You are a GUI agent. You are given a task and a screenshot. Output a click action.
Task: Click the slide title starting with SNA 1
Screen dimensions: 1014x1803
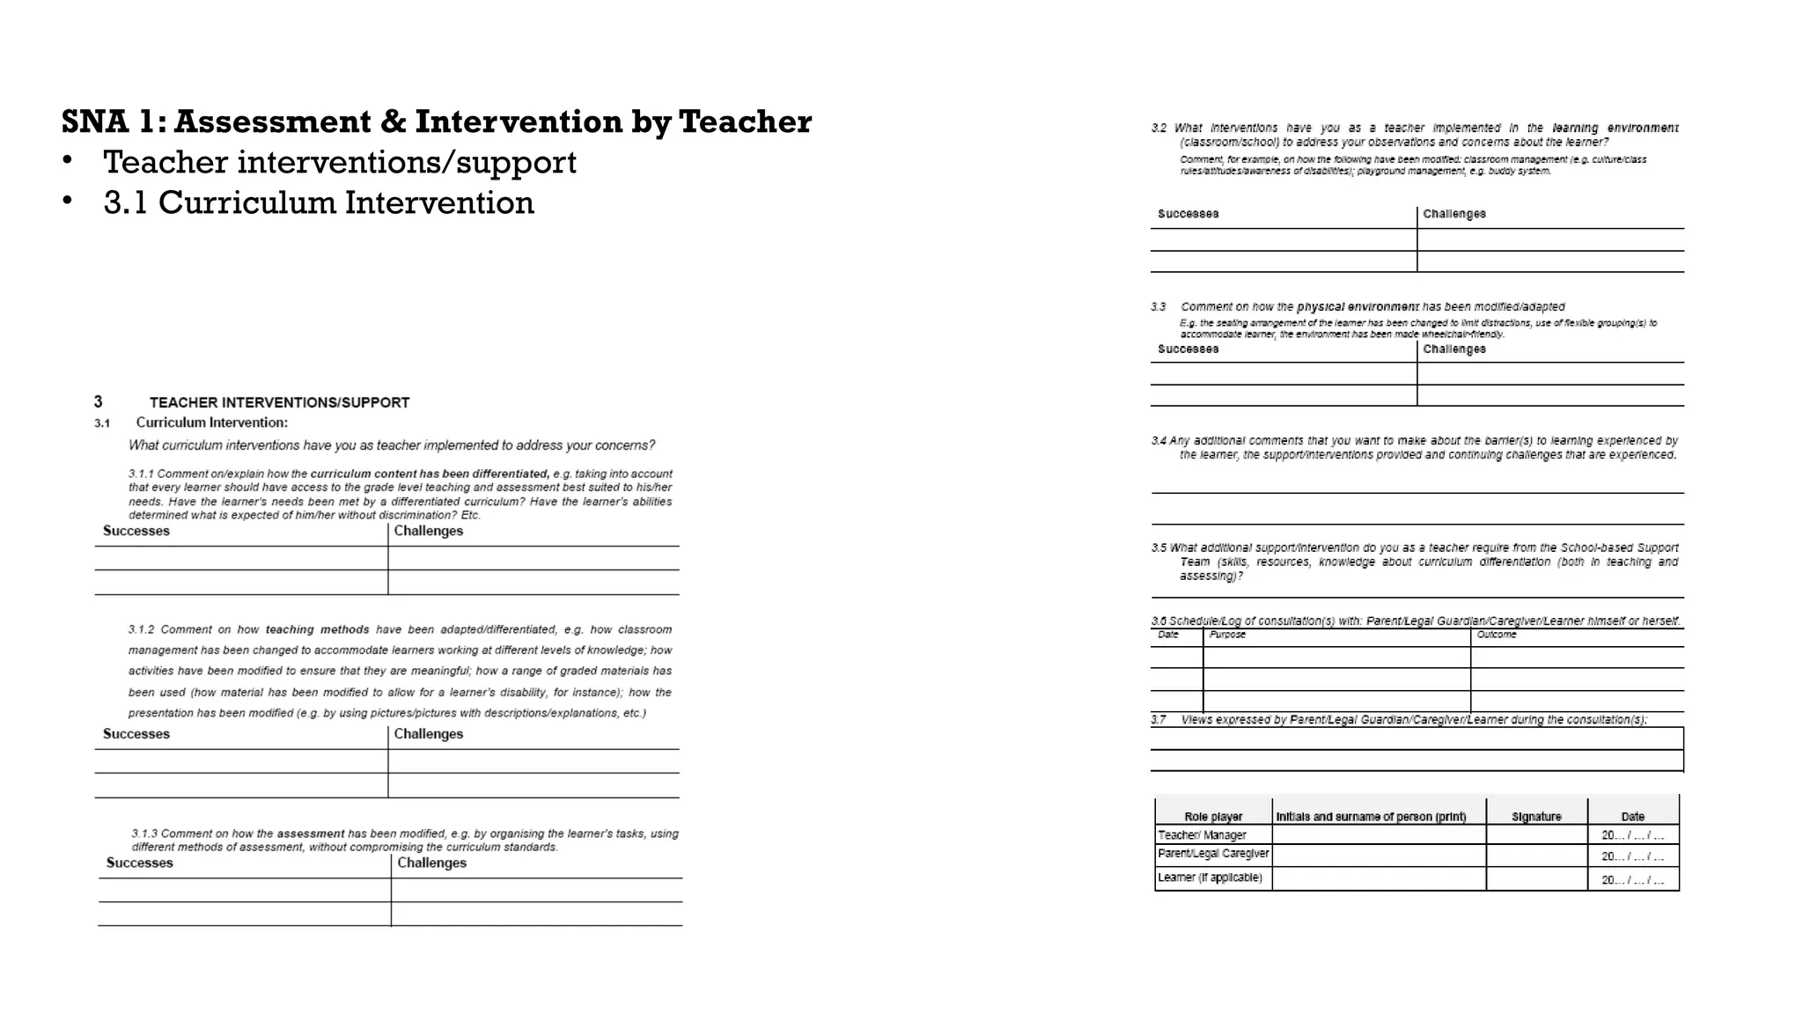click(437, 121)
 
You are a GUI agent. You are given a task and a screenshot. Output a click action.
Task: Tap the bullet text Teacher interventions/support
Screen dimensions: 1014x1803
click(339, 162)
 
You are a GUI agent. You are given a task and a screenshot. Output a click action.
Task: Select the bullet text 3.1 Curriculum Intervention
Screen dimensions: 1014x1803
click(319, 202)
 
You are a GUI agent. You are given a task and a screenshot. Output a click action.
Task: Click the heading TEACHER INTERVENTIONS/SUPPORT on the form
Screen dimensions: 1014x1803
click(279, 402)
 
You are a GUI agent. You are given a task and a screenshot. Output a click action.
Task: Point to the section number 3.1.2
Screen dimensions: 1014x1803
click(141, 629)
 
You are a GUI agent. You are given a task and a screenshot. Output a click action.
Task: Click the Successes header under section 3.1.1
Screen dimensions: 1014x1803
click(136, 531)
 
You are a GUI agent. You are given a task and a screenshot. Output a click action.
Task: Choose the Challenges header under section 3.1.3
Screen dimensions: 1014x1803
click(431, 863)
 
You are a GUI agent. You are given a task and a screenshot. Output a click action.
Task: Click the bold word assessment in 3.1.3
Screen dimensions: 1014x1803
click(310, 833)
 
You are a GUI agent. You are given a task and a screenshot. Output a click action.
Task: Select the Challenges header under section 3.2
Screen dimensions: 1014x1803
click(1453, 214)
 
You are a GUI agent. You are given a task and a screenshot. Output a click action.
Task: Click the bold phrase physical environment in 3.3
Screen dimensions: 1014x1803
click(1357, 307)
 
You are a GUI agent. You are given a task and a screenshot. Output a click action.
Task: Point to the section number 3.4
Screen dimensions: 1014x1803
click(1159, 440)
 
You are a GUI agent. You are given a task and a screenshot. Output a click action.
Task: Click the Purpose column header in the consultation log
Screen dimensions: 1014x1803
click(1227, 635)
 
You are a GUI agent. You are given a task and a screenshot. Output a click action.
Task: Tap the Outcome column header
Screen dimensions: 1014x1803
click(1497, 635)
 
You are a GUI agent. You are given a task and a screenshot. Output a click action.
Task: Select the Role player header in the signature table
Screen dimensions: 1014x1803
click(1213, 817)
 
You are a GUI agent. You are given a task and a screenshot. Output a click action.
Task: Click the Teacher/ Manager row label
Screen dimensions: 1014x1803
click(1202, 835)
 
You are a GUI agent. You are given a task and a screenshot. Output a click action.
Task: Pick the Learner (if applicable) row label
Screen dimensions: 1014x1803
click(1210, 878)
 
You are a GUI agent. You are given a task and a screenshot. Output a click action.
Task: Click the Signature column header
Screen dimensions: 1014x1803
click(1536, 817)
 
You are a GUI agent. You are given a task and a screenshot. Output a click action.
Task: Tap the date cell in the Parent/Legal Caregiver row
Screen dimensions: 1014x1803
click(1632, 856)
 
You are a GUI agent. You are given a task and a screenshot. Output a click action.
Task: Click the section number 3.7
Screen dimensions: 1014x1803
click(1159, 720)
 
